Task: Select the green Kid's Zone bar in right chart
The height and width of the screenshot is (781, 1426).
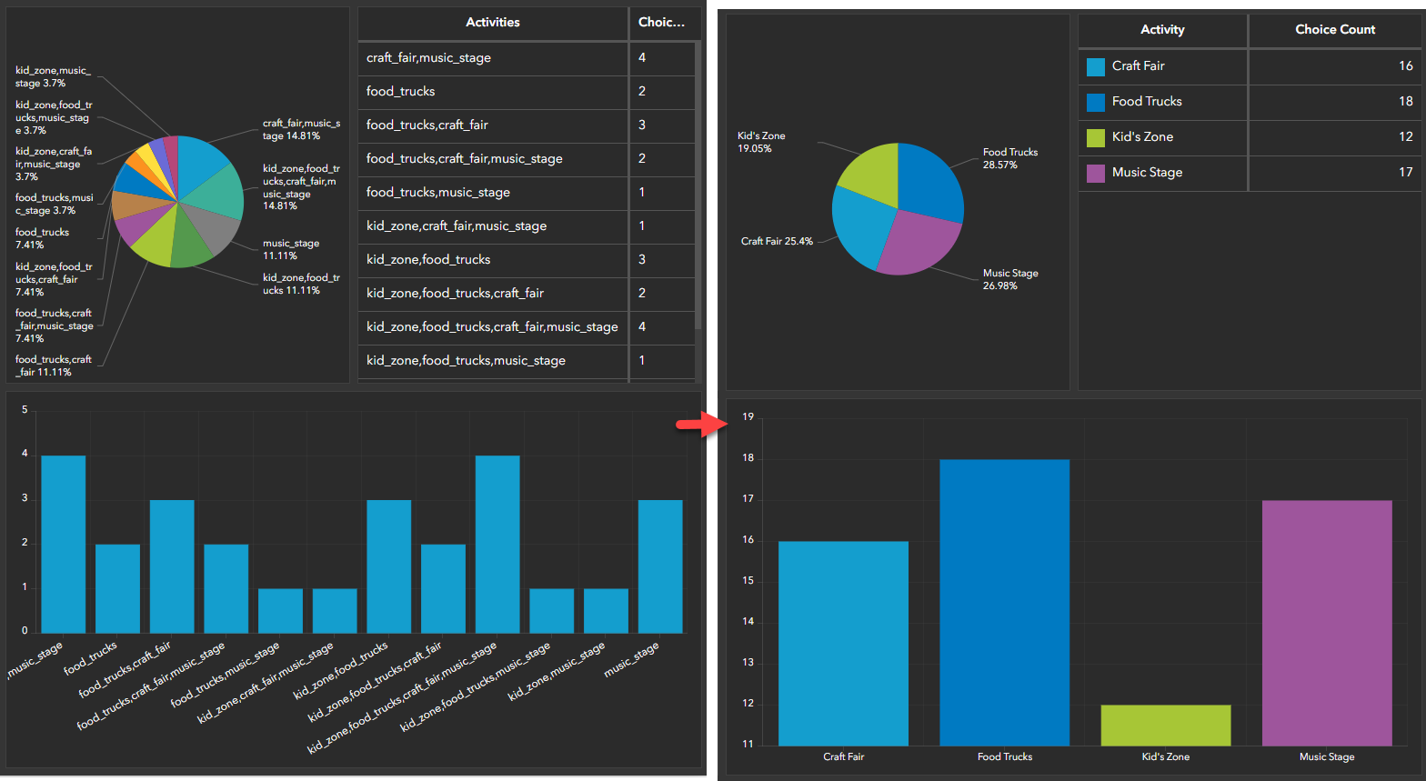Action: click(1165, 726)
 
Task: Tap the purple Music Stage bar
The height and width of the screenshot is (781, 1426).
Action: click(1326, 623)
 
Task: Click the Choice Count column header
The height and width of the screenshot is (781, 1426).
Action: click(1334, 30)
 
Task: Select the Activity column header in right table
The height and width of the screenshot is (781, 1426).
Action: click(1162, 30)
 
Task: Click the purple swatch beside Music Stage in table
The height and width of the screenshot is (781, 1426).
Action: click(1096, 173)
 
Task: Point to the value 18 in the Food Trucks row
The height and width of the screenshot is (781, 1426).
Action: click(1405, 101)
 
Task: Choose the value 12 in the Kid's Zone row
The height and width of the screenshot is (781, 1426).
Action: click(1405, 136)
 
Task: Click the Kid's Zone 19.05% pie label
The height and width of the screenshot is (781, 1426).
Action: click(761, 142)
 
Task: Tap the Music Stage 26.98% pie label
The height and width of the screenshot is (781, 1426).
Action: click(1009, 279)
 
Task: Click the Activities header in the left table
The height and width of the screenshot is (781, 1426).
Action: click(492, 23)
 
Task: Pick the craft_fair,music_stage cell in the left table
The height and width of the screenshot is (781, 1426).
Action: click(428, 58)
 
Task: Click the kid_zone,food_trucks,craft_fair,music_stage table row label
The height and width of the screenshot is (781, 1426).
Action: click(492, 327)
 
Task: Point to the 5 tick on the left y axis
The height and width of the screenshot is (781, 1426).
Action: click(25, 410)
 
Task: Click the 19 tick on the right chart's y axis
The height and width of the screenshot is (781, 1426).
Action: click(748, 417)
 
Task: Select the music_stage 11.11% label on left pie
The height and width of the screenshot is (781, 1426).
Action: click(291, 250)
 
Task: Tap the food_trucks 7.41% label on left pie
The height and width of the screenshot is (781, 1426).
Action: click(42, 238)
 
